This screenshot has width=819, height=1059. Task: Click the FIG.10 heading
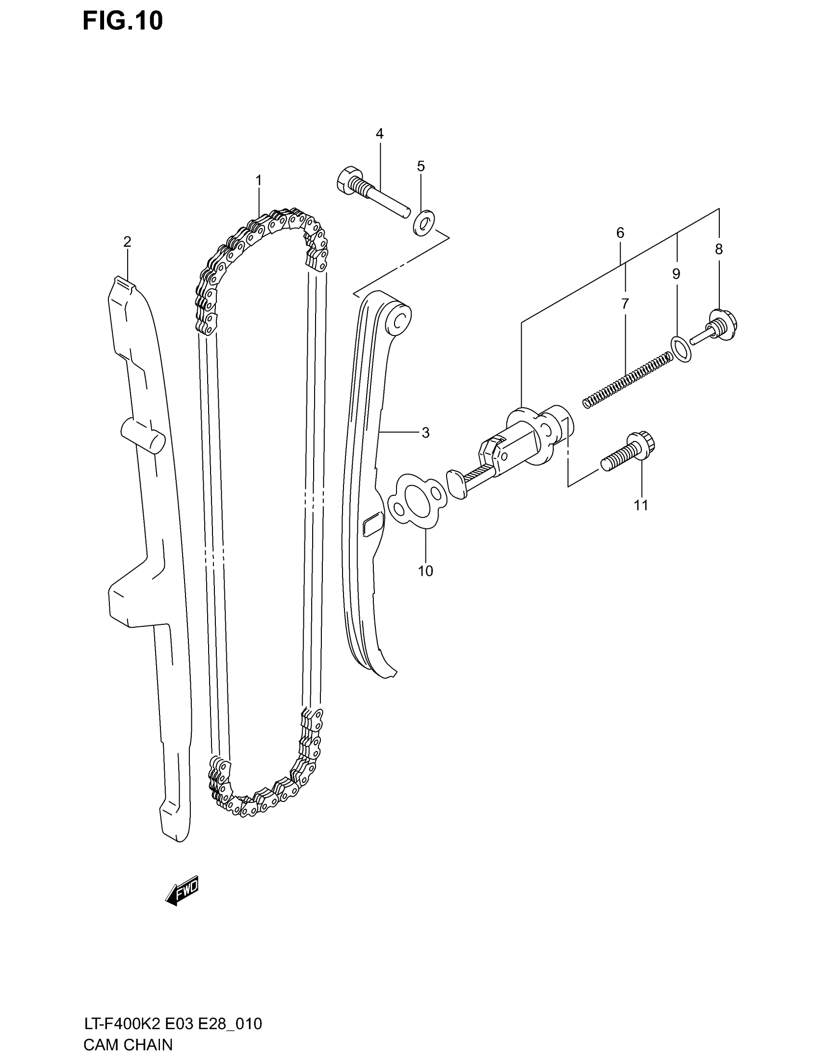[122, 22]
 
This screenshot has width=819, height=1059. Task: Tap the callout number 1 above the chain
[259, 181]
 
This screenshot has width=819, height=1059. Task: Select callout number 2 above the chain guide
[127, 242]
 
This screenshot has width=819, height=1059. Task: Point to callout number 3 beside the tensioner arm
[425, 433]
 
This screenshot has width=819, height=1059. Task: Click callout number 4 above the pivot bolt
[380, 134]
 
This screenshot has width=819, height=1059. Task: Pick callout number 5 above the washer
[421, 167]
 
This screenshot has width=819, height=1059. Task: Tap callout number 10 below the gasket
[425, 571]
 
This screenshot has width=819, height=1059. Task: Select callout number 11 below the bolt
[641, 505]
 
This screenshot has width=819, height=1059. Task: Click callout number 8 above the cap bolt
[719, 249]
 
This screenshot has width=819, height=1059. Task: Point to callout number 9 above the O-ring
[676, 274]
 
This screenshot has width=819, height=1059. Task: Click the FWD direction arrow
[183, 890]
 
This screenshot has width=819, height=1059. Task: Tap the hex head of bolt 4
[349, 181]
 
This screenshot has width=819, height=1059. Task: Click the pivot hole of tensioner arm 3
[401, 320]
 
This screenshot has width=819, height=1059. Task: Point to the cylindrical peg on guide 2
[144, 435]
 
